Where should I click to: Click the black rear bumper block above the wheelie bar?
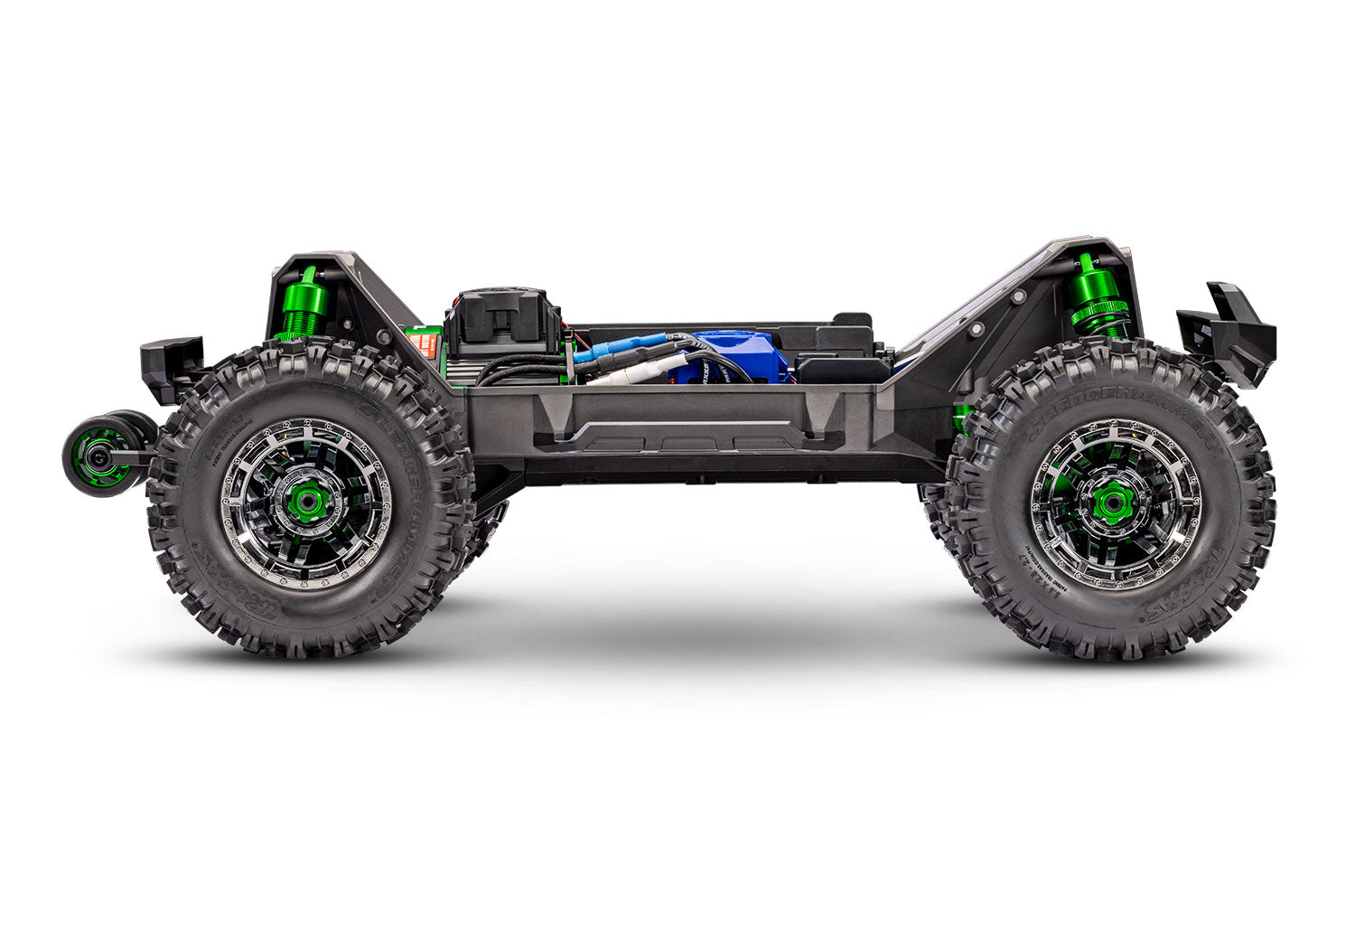170,366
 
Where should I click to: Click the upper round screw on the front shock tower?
1018,297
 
